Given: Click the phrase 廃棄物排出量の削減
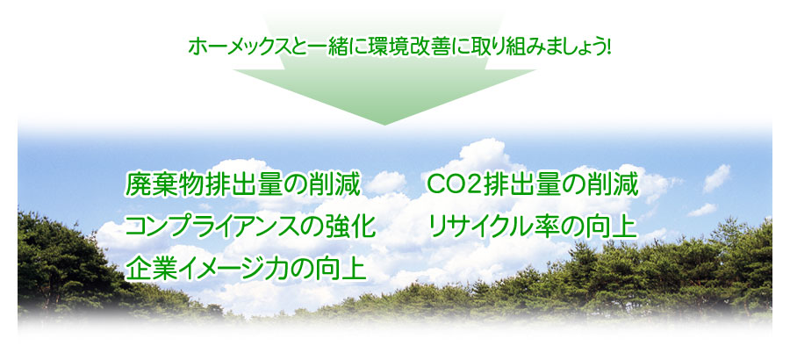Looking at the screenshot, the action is [x=243, y=185].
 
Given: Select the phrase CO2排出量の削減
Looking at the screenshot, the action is [x=533, y=185].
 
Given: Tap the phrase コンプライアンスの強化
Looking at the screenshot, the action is [x=250, y=227].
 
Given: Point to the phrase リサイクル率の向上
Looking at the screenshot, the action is [x=533, y=227].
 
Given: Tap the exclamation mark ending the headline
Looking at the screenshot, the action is [x=608, y=47].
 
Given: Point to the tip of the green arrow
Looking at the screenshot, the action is [x=384, y=125].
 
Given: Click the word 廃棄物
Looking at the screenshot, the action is [x=164, y=185].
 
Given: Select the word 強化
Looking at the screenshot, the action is [x=349, y=227].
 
